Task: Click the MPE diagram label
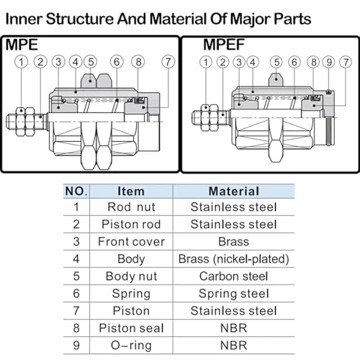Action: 22,45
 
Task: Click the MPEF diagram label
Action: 224,45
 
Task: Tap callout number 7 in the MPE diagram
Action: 168,62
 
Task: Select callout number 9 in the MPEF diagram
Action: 329,62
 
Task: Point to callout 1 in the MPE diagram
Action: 21,62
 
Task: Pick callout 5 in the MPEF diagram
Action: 276,62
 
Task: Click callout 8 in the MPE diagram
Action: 138,62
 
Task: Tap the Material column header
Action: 234,192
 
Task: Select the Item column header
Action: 131,192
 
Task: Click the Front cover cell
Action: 131,241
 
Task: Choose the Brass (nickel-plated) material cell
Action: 234,259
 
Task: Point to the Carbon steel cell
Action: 234,276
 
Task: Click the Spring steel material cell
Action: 234,294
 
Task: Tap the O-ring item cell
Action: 131,346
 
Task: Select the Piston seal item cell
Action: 131,328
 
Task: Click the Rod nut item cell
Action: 131,207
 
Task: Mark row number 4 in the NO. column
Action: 76,258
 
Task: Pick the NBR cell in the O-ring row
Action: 234,345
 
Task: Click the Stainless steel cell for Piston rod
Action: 234,224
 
